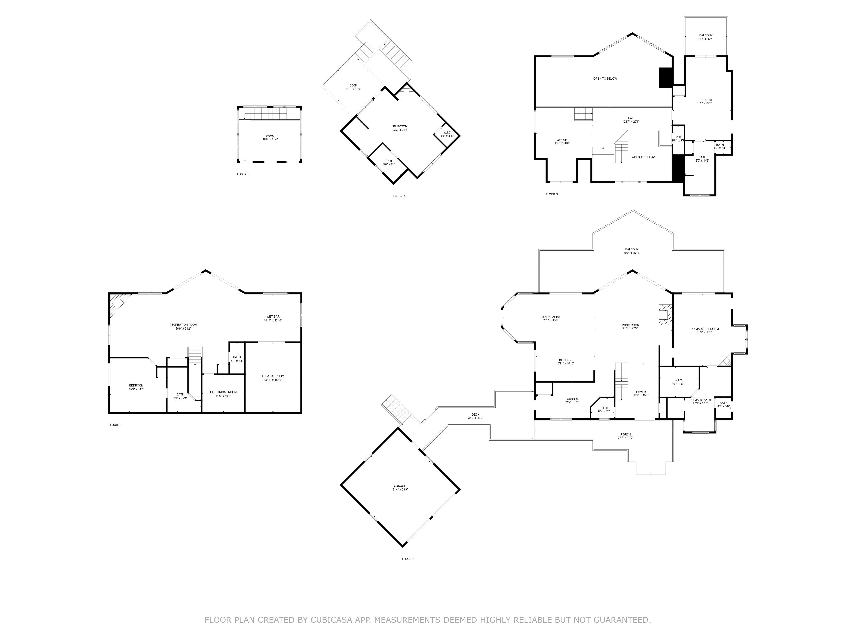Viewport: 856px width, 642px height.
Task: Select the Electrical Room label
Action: coord(223,392)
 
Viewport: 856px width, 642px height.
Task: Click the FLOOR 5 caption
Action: coord(243,174)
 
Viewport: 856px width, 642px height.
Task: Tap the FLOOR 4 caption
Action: coord(399,196)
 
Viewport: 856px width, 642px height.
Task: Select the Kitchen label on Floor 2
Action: coord(565,360)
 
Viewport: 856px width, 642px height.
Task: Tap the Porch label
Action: coord(625,435)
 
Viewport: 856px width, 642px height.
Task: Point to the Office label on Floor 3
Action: coord(562,140)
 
